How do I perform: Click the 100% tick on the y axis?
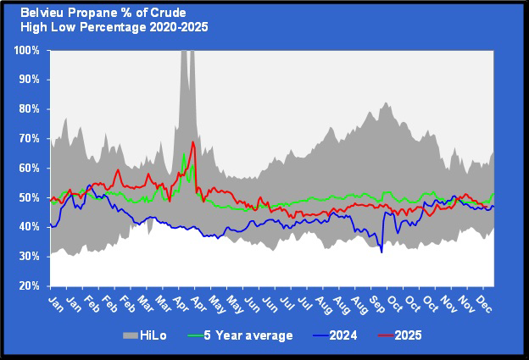tap(25, 50)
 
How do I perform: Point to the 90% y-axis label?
tap(28, 80)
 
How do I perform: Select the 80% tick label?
tap(28, 109)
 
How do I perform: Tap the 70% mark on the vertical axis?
tap(28, 138)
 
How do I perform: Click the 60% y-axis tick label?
tap(28, 168)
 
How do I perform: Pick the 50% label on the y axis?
tap(28, 197)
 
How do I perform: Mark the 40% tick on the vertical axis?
tap(28, 227)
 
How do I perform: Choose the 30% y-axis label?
tap(28, 256)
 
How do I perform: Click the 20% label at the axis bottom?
tap(28, 285)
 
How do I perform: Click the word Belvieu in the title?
tap(42, 13)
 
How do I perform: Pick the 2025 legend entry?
tap(407, 335)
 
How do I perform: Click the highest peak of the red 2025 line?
tap(193, 141)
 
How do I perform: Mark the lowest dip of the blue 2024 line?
tap(381, 252)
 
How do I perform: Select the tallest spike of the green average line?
tap(184, 154)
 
